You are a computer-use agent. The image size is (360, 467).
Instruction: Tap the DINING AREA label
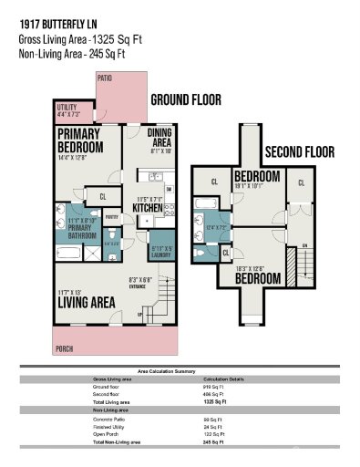159,137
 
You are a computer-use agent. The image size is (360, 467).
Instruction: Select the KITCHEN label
149,209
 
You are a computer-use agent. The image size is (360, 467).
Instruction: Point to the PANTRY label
113,217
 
